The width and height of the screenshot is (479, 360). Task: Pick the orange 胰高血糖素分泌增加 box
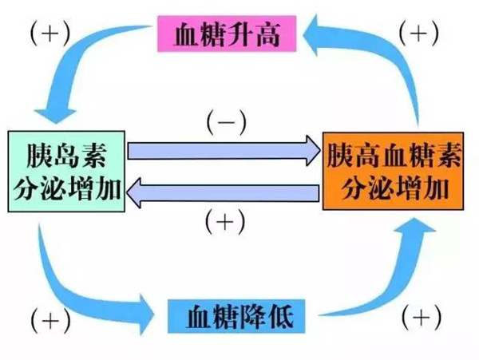pos(394,170)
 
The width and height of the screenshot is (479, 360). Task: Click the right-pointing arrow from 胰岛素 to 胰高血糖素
pos(224,150)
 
